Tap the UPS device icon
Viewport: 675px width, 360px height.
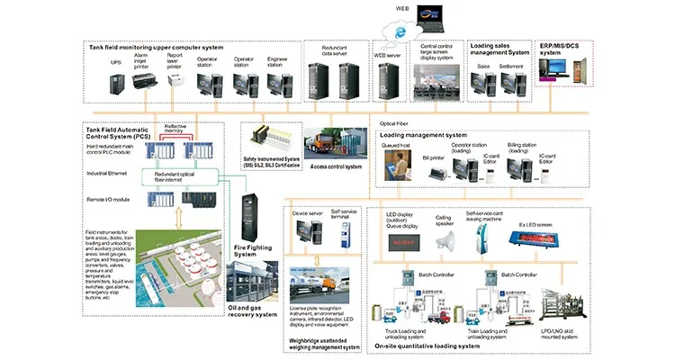tap(118, 84)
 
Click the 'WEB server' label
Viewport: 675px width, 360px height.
tap(387, 55)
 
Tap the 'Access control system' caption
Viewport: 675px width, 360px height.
tap(335, 166)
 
